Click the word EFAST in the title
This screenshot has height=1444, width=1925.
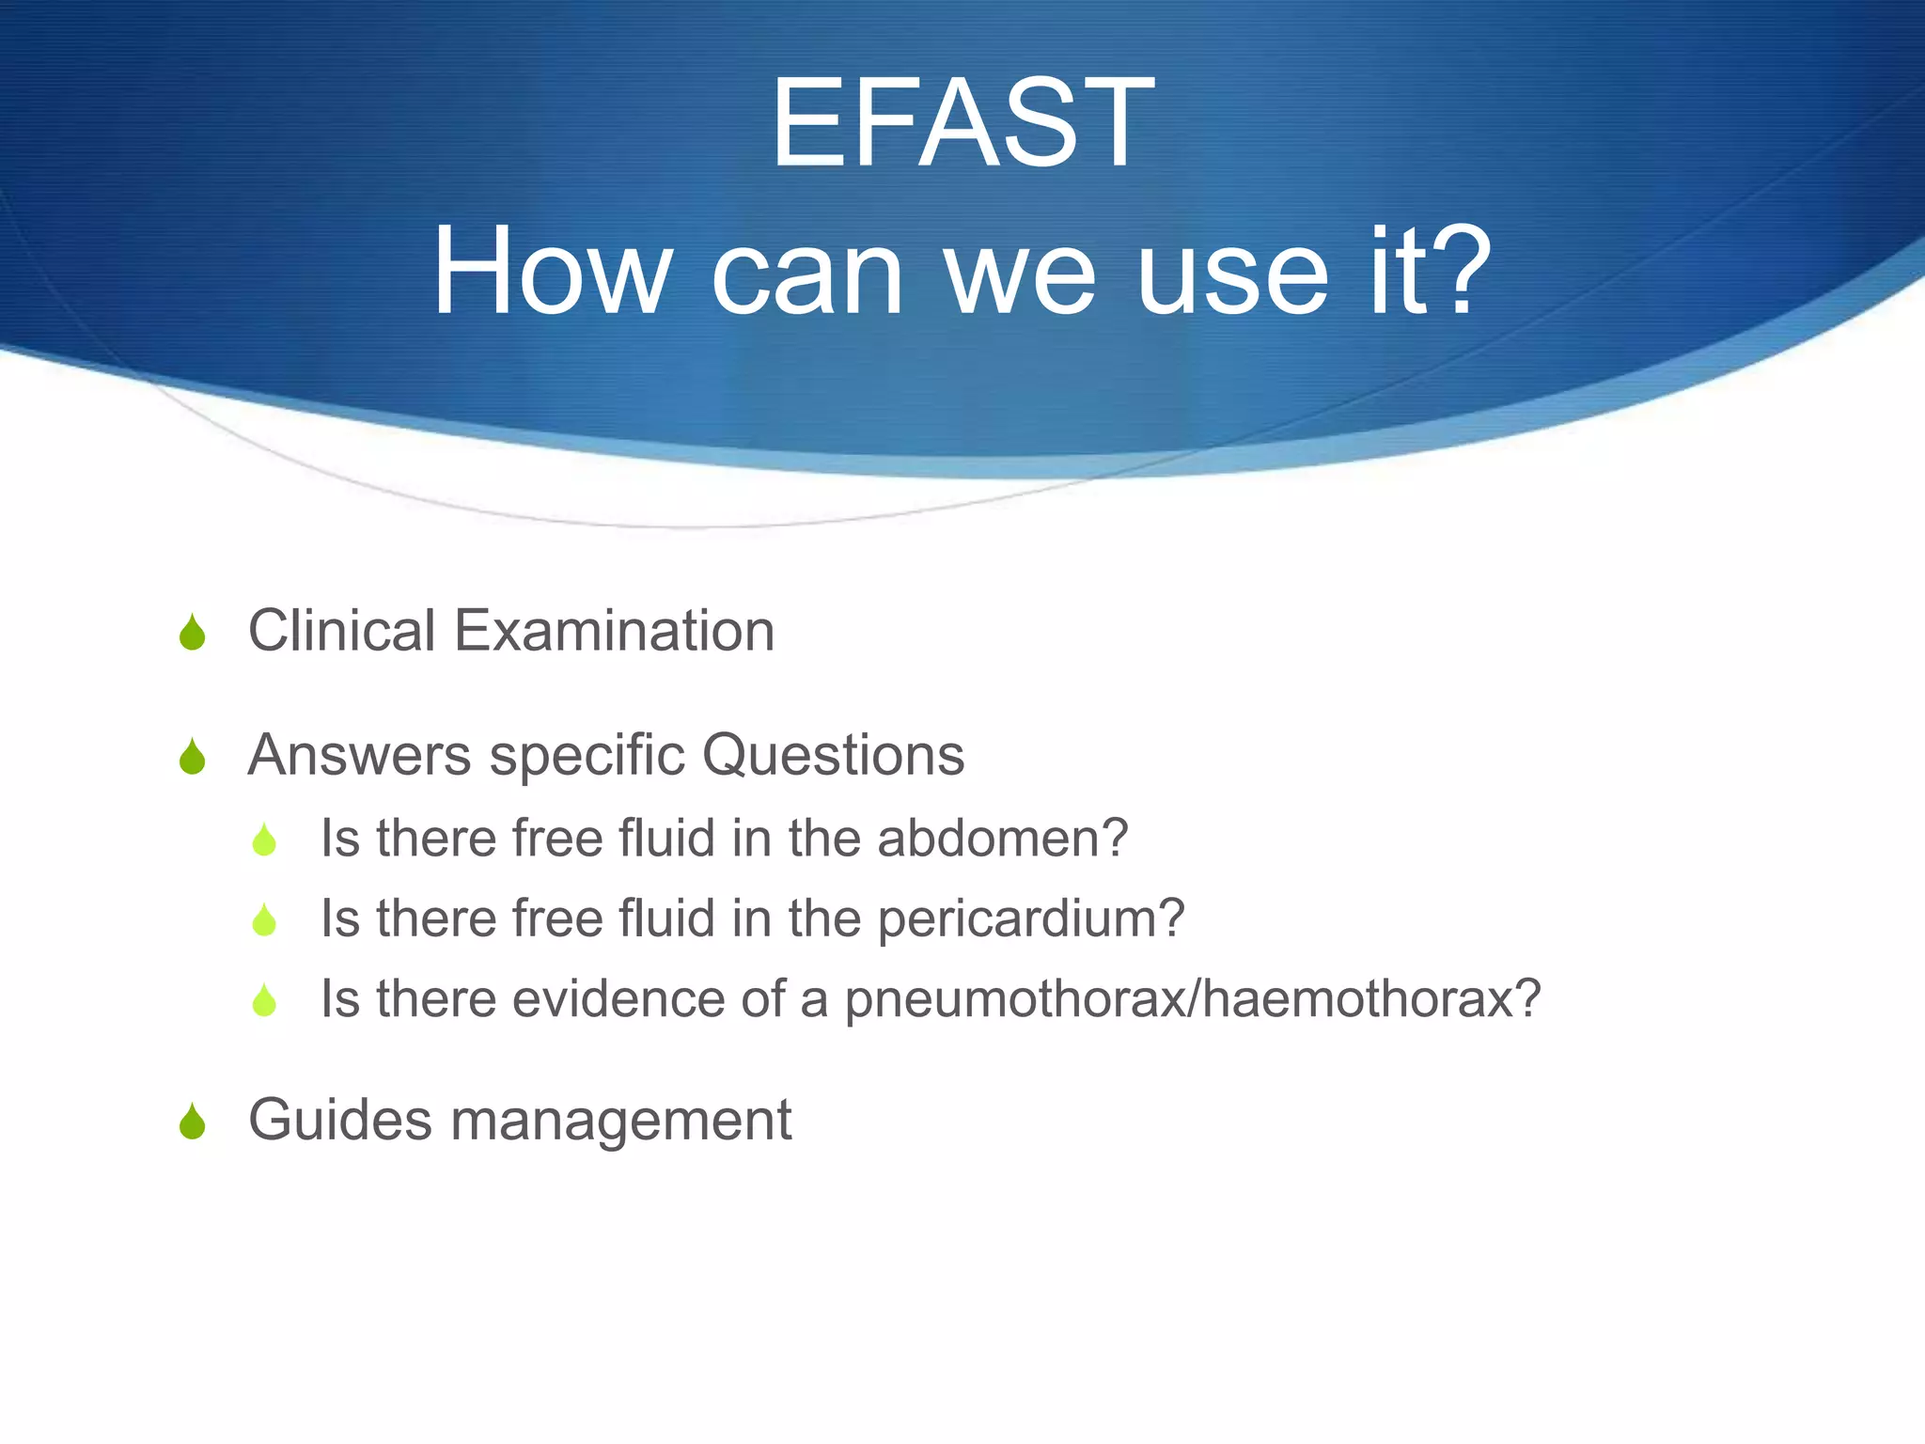[962, 123]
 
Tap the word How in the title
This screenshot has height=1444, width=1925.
[550, 272]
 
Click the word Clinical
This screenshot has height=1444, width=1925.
[341, 630]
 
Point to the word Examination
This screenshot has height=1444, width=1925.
[615, 630]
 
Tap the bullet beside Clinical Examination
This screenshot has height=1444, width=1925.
[193, 633]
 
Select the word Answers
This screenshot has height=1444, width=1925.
[359, 755]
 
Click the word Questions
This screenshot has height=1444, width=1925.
[834, 755]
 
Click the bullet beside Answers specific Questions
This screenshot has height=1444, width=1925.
[193, 758]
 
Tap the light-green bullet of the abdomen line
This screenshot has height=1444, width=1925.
[265, 840]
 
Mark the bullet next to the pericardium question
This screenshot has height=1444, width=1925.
[265, 920]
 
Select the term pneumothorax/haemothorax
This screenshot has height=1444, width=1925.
[1192, 999]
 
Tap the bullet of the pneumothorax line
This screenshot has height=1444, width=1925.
[265, 1001]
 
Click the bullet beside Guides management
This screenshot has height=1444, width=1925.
[193, 1122]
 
